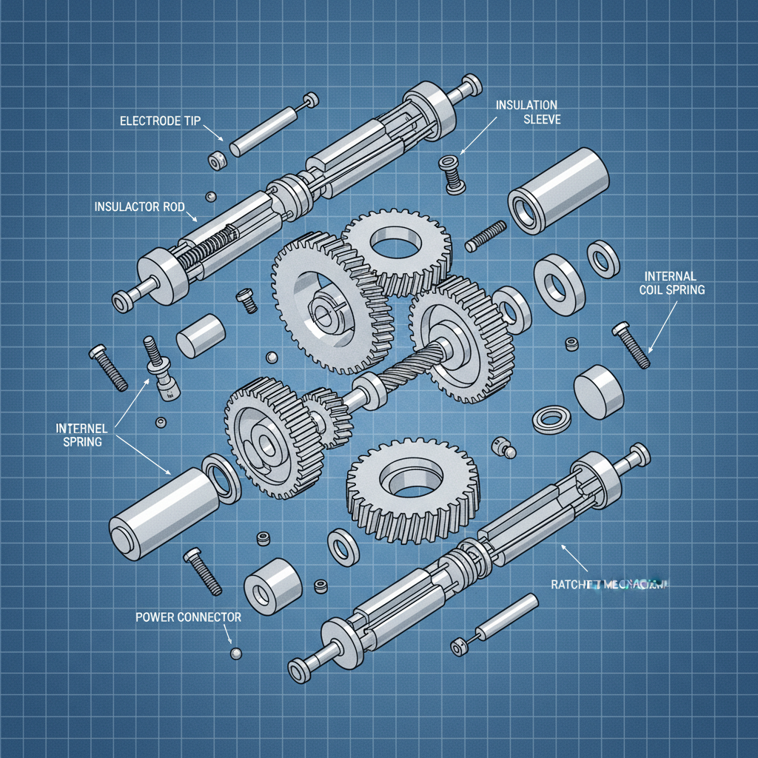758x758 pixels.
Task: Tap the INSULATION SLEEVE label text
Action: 527,112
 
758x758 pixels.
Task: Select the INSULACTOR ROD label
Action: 138,207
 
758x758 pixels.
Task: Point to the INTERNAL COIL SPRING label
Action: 671,284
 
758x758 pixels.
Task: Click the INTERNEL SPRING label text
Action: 82,435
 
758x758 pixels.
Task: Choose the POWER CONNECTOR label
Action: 188,616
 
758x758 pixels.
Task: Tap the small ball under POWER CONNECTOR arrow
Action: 236,653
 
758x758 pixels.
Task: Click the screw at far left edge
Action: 108,367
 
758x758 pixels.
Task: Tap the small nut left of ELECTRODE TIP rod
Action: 217,160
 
